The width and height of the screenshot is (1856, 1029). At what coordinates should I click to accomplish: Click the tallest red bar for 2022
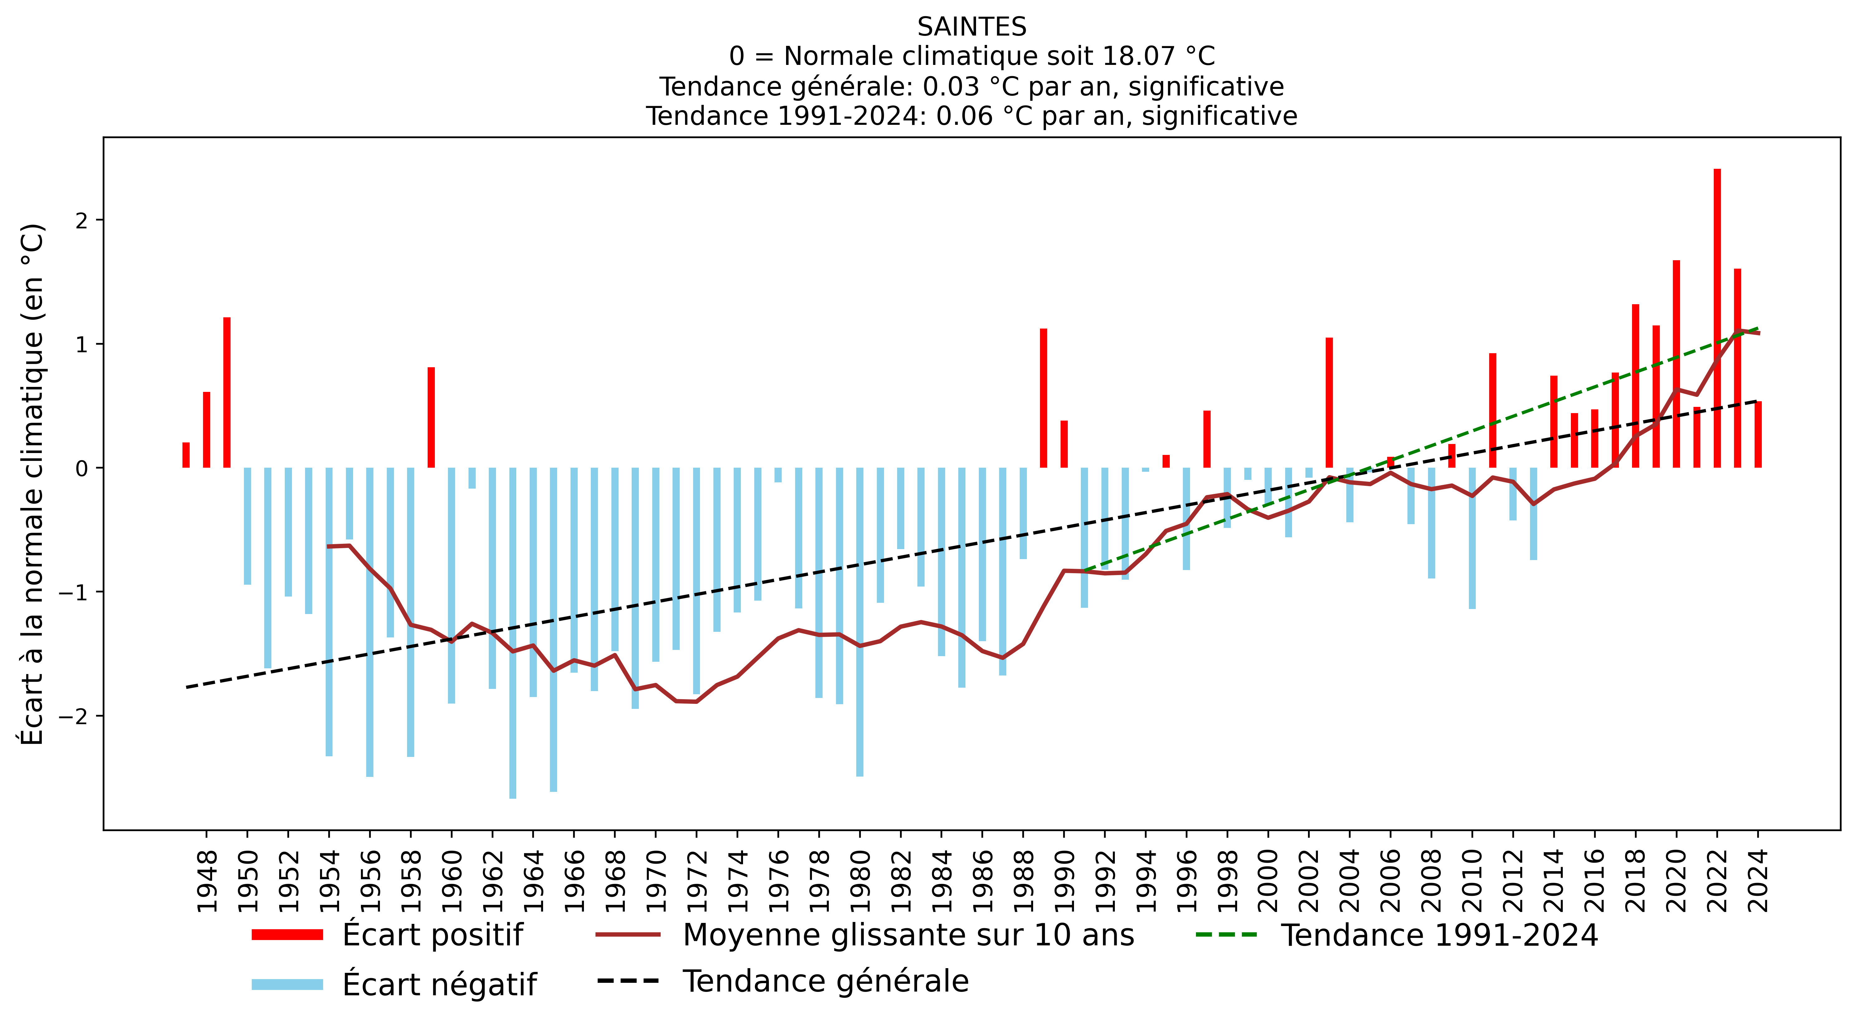pyautogui.click(x=1717, y=317)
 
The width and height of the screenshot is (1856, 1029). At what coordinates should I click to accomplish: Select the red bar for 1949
pyautogui.click(x=227, y=393)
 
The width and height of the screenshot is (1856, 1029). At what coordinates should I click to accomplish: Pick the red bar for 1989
pyautogui.click(x=1043, y=398)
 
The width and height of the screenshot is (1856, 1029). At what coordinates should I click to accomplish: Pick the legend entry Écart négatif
pyautogui.click(x=440, y=984)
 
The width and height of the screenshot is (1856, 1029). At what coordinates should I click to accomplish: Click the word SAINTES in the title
pyautogui.click(x=971, y=27)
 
